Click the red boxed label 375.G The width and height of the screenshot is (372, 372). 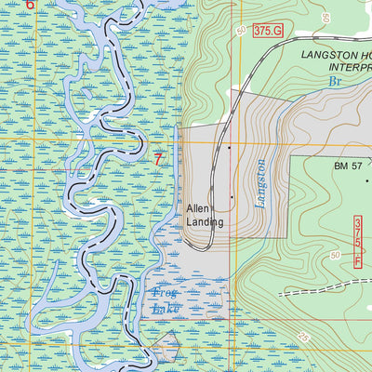[267, 31]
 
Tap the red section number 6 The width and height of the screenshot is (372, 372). [31, 5]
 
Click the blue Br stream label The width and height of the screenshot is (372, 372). [334, 82]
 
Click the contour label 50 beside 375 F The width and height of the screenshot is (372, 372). [335, 254]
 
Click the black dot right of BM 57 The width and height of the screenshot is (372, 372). [367, 180]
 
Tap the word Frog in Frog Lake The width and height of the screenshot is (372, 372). [164, 293]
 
